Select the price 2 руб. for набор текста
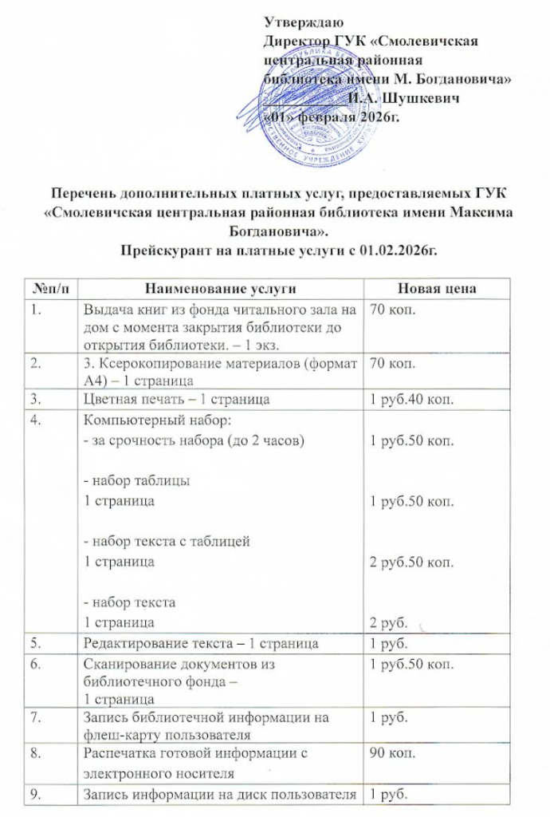click(x=387, y=621)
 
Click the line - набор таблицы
click(x=136, y=482)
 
